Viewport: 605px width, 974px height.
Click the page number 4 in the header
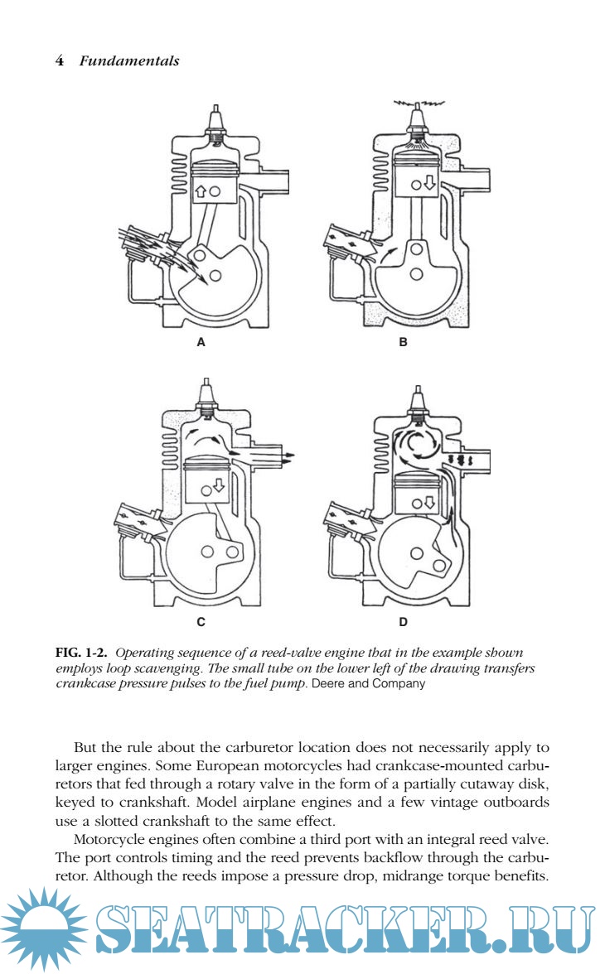pyautogui.click(x=59, y=60)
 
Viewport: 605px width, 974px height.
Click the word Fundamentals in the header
pyautogui.click(x=129, y=60)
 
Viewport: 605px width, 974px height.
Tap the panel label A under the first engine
pyautogui.click(x=201, y=342)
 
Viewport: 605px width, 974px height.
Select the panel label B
pyautogui.click(x=404, y=342)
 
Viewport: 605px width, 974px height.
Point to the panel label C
pyautogui.click(x=201, y=620)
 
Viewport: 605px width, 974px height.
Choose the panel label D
pyautogui.click(x=404, y=620)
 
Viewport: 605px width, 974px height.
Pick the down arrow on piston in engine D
pyautogui.click(x=429, y=501)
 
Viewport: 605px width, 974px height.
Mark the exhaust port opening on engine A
pyautogui.click(x=275, y=178)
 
